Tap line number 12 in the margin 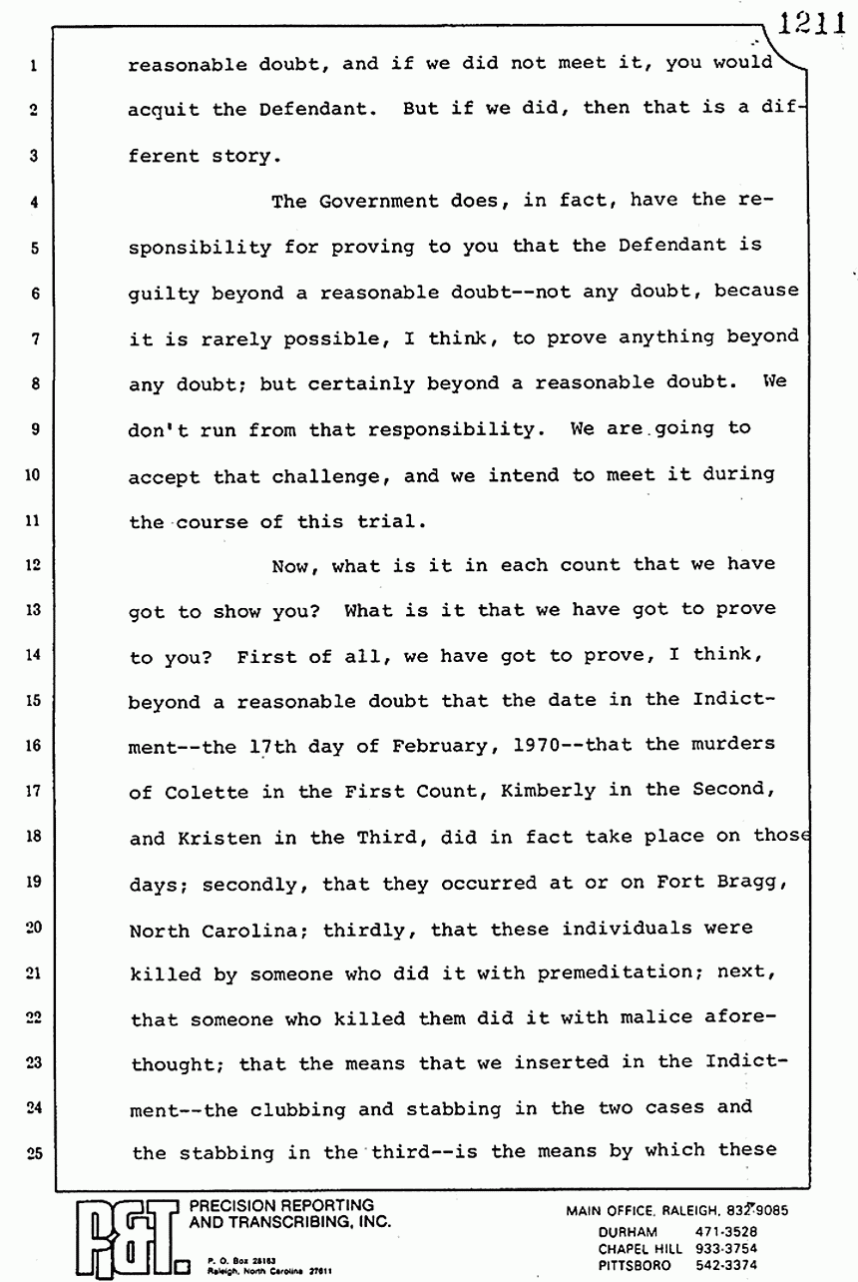click(x=33, y=565)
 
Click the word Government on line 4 click(x=373, y=201)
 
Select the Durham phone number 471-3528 click(x=731, y=1232)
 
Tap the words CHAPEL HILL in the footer click(x=641, y=1248)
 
